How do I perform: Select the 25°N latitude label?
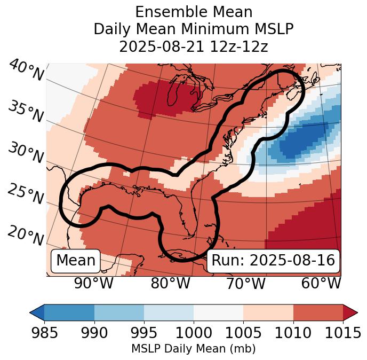(x=25, y=194)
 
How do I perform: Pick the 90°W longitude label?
(x=94, y=283)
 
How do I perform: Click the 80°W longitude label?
(x=170, y=283)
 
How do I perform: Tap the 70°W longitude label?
(x=245, y=283)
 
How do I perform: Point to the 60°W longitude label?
(x=321, y=283)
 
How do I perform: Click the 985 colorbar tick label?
(x=44, y=333)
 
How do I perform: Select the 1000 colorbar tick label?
(x=194, y=333)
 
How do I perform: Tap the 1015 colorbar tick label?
(x=343, y=333)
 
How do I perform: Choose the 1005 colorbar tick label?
(x=243, y=333)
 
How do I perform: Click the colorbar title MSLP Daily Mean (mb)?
(x=193, y=349)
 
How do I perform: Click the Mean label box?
(x=76, y=261)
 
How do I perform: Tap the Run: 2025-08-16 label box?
(x=273, y=261)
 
